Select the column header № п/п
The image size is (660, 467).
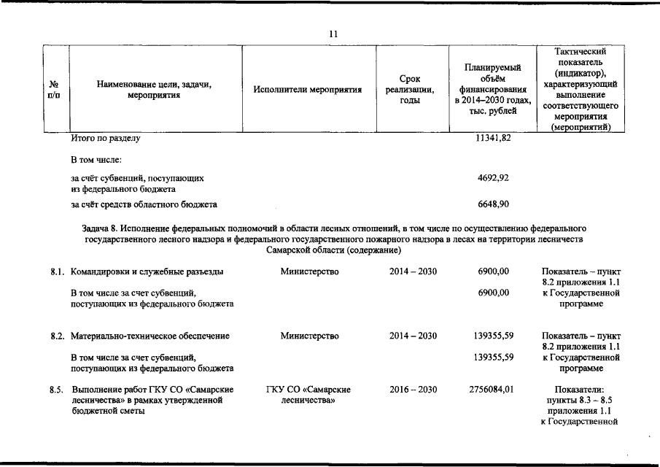pyautogui.click(x=54, y=90)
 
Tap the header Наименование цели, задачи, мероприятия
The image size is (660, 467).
pyautogui.click(x=154, y=90)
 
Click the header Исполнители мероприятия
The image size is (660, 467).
pyautogui.click(x=308, y=90)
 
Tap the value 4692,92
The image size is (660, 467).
pyautogui.click(x=493, y=177)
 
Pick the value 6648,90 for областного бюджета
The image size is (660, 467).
pyautogui.click(x=493, y=204)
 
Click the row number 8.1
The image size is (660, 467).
pyautogui.click(x=58, y=272)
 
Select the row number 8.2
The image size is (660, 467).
pyautogui.click(x=58, y=336)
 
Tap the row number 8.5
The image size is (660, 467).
pyautogui.click(x=58, y=390)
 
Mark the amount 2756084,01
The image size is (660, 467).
pyautogui.click(x=490, y=390)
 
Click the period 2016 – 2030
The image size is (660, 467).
pyautogui.click(x=413, y=390)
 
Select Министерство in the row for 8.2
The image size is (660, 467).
pyautogui.click(x=309, y=336)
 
